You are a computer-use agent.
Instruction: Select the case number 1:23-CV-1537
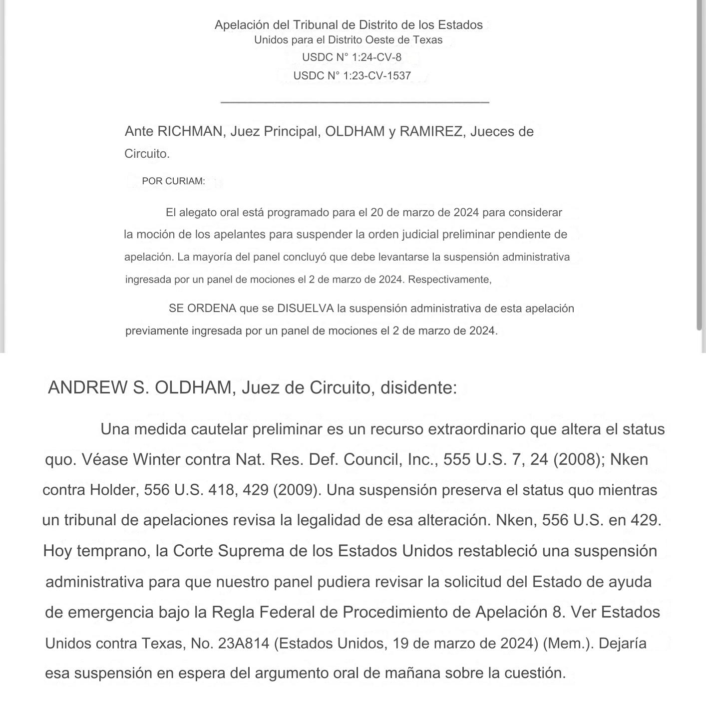(377, 76)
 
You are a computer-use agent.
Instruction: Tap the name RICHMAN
(190, 131)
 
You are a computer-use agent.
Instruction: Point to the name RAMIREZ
(431, 131)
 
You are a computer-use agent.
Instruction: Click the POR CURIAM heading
(173, 181)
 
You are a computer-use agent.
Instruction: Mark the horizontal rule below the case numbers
(354, 102)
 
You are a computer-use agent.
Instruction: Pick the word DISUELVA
(305, 309)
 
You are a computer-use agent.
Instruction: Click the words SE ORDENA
(202, 309)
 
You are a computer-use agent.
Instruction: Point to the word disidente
(418, 387)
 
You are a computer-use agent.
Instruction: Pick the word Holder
(114, 490)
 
